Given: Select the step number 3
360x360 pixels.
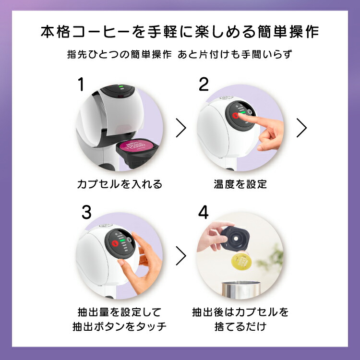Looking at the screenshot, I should pyautogui.click(x=86, y=212).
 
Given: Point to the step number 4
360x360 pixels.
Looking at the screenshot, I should pyautogui.click(x=204, y=212).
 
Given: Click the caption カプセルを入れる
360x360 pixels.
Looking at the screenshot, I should pyautogui.click(x=120, y=184).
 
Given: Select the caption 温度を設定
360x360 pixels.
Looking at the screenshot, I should pyautogui.click(x=240, y=184).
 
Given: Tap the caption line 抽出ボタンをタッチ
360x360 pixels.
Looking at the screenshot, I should pyautogui.click(x=120, y=327).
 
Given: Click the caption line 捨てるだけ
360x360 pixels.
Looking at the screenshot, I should pyautogui.click(x=240, y=327).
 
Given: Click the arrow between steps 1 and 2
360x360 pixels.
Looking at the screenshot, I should pyautogui.click(x=181, y=128).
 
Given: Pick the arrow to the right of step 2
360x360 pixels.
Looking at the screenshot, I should pyautogui.click(x=301, y=128).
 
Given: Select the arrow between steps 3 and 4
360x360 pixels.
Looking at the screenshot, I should pyautogui.click(x=181, y=256).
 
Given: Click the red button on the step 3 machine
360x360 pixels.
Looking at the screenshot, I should pyautogui.click(x=115, y=243).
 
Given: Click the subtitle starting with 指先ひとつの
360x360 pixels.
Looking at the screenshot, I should pyautogui.click(x=180, y=54).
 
